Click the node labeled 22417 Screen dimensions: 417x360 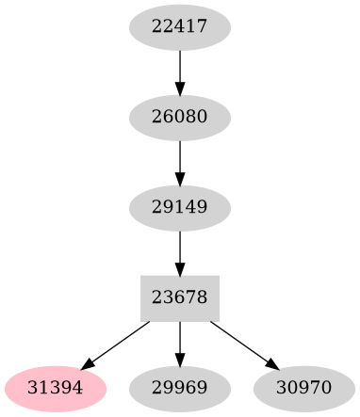pos(179,28)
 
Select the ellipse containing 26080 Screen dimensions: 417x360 pos(179,118)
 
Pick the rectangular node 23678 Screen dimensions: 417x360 pos(179,297)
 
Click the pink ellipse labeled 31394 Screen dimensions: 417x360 pos(55,387)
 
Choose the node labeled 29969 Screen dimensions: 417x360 pos(179,387)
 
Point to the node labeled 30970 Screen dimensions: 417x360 pos(303,387)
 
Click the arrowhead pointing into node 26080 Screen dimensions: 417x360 pos(179,88)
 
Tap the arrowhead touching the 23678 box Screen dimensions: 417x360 pos(179,267)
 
